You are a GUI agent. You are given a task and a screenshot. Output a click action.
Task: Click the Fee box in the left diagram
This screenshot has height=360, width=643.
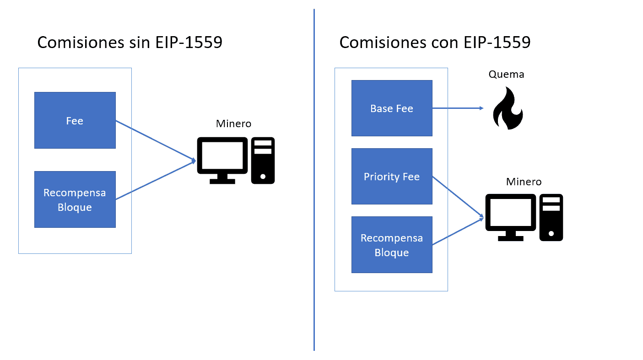pos(75,120)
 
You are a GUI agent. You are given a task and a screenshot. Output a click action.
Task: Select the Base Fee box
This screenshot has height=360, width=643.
pos(391,108)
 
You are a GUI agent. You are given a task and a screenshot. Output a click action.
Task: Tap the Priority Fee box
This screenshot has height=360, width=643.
pos(391,177)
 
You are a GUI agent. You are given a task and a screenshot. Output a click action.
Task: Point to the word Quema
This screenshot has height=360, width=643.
pos(506,74)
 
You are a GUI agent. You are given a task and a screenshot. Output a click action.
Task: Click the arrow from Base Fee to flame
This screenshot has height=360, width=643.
pos(457,108)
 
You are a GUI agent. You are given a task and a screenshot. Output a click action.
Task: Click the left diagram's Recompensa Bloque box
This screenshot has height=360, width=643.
pos(75,199)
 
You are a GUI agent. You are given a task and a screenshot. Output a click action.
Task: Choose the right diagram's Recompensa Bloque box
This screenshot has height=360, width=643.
pos(391,245)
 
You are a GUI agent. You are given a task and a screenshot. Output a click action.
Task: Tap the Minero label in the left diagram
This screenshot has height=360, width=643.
pos(233,124)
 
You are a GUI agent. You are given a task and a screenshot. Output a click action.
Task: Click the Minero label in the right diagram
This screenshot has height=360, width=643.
pos(524,182)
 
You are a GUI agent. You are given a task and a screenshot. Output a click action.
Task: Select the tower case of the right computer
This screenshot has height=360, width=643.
pos(551,217)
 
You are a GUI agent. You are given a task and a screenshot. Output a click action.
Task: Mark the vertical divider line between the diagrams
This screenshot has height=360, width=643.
pos(314,183)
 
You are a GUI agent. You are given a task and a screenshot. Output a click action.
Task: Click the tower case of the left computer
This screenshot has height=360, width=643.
pos(263,160)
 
